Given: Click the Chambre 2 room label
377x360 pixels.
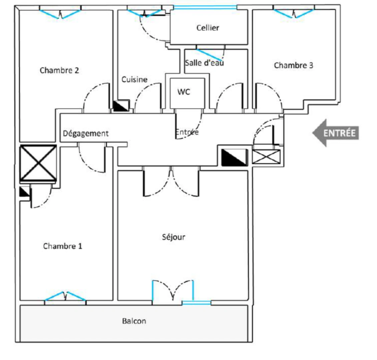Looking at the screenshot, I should point(59,70).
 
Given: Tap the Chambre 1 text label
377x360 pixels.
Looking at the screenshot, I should point(62,246).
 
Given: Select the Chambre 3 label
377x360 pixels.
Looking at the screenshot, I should point(294,65).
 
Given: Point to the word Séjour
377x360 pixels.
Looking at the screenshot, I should point(173,237).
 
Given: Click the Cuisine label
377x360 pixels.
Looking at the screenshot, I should point(134,80).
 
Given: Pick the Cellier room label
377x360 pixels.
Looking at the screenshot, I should point(208,28).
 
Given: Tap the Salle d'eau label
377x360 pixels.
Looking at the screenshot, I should point(204,63).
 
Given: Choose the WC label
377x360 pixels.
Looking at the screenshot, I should point(183,92).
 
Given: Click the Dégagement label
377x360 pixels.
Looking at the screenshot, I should point(86,134).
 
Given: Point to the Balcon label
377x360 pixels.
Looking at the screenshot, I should point(134,321).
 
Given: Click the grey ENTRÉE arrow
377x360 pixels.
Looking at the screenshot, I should point(335,133).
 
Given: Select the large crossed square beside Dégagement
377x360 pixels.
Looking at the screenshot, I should point(38,163).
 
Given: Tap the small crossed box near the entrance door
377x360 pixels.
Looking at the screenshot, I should point(266,157).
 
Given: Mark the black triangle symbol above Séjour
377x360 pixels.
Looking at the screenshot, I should point(235,157).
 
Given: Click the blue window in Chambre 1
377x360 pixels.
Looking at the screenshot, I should point(65,296).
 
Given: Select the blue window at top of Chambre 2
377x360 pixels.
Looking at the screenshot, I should point(60,14).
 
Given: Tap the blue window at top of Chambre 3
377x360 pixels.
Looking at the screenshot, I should point(294,14).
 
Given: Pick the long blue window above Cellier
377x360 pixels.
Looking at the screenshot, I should point(205,7).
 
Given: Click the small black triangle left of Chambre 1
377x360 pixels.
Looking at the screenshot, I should point(24,192).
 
